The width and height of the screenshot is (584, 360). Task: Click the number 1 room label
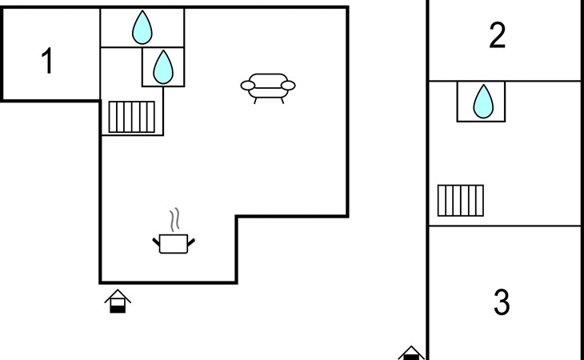pos(47,61)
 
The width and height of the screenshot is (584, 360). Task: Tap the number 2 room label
pos(498,35)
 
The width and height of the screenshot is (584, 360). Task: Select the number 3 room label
pos(502,302)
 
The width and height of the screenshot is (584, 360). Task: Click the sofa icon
pos(268,88)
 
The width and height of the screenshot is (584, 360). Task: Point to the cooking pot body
pos(173,244)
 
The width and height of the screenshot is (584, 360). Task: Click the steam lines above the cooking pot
pos(174,220)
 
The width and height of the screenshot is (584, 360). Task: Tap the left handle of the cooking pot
pos(156,242)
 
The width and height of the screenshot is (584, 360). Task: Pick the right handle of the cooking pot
pos(190,242)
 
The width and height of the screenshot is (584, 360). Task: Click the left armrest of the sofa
pos(248,86)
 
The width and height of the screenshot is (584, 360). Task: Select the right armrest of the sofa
pos(288,86)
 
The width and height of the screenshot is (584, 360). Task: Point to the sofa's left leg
pos(255,101)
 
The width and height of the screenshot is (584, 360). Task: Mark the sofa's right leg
pos(282,101)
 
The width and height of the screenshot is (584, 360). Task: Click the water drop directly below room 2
pos(483,102)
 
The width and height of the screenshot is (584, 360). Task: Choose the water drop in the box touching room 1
pos(142,27)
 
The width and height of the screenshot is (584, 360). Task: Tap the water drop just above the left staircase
pos(162,67)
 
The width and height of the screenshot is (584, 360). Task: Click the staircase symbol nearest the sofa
pos(131,117)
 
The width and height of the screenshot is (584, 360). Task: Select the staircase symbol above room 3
pos(460,200)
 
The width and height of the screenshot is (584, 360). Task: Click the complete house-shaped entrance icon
pos(118,301)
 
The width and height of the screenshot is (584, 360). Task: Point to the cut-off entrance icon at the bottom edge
pos(411,353)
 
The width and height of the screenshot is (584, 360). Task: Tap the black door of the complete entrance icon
pos(118,309)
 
